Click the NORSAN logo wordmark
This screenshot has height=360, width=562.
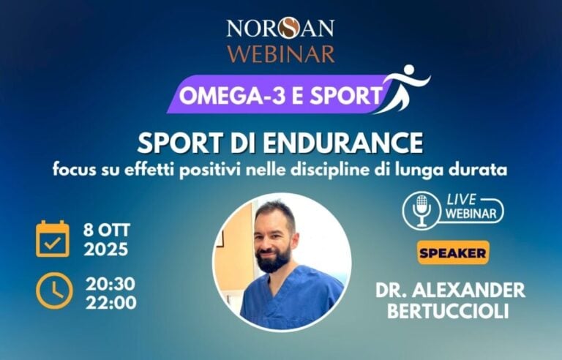tap(280, 28)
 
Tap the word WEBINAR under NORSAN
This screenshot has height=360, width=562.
tap(280, 53)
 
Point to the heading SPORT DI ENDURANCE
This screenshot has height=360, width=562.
tap(280, 140)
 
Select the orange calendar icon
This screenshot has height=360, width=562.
tap(53, 239)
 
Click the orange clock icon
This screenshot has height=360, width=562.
tap(53, 290)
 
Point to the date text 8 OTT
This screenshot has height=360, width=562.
tap(106, 229)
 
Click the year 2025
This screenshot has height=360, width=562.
tap(106, 250)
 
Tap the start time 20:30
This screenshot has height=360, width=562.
tap(110, 282)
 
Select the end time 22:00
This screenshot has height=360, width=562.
tap(110, 301)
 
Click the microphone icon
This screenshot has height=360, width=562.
tap(421, 211)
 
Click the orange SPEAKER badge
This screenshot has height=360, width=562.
tap(453, 253)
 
